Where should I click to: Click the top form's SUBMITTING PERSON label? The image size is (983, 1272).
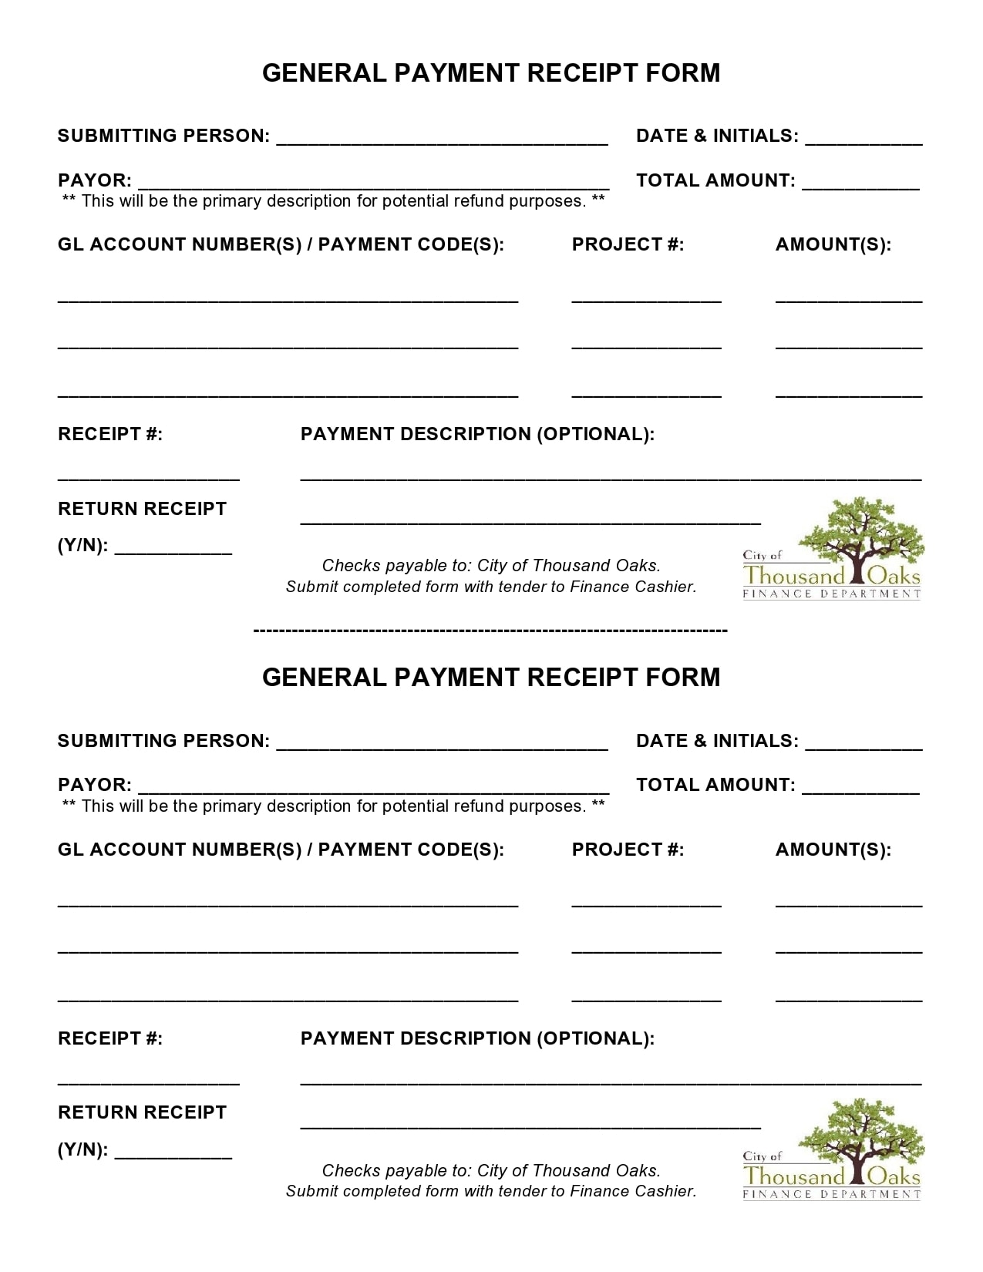pyautogui.click(x=163, y=136)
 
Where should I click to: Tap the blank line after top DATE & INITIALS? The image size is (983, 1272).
pyautogui.click(x=863, y=142)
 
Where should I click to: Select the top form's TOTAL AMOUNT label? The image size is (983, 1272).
pyautogui.click(x=715, y=180)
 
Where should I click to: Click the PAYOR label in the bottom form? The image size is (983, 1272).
pyautogui.click(x=94, y=785)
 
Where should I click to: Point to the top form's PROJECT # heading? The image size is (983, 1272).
pyautogui.click(x=628, y=244)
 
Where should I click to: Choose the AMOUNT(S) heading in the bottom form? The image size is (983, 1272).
pyautogui.click(x=833, y=850)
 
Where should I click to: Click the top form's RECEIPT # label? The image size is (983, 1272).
pyautogui.click(x=110, y=434)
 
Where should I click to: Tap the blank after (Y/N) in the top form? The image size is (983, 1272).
pyautogui.click(x=173, y=552)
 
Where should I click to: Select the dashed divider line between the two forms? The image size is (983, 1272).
pyautogui.click(x=490, y=631)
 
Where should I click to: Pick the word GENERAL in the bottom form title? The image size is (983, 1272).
pyautogui.click(x=324, y=677)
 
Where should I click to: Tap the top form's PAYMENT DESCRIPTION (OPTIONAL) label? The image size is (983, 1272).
pyautogui.click(x=477, y=434)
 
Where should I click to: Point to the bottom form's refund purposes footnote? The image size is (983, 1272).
pyautogui.click(x=333, y=806)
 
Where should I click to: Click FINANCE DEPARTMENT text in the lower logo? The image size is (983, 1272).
pyautogui.click(x=831, y=1195)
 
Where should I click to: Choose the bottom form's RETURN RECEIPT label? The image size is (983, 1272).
pyautogui.click(x=142, y=1112)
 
